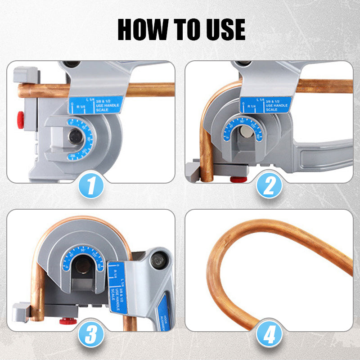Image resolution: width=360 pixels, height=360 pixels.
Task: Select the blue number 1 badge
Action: pos(92,186)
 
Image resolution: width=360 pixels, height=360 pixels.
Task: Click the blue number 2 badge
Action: pos(269,186)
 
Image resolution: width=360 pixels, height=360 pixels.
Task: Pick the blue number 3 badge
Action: pos(92,334)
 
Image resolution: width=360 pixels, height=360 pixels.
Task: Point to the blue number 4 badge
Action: pos(269,334)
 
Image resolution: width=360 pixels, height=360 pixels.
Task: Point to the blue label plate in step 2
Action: pos(265,104)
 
